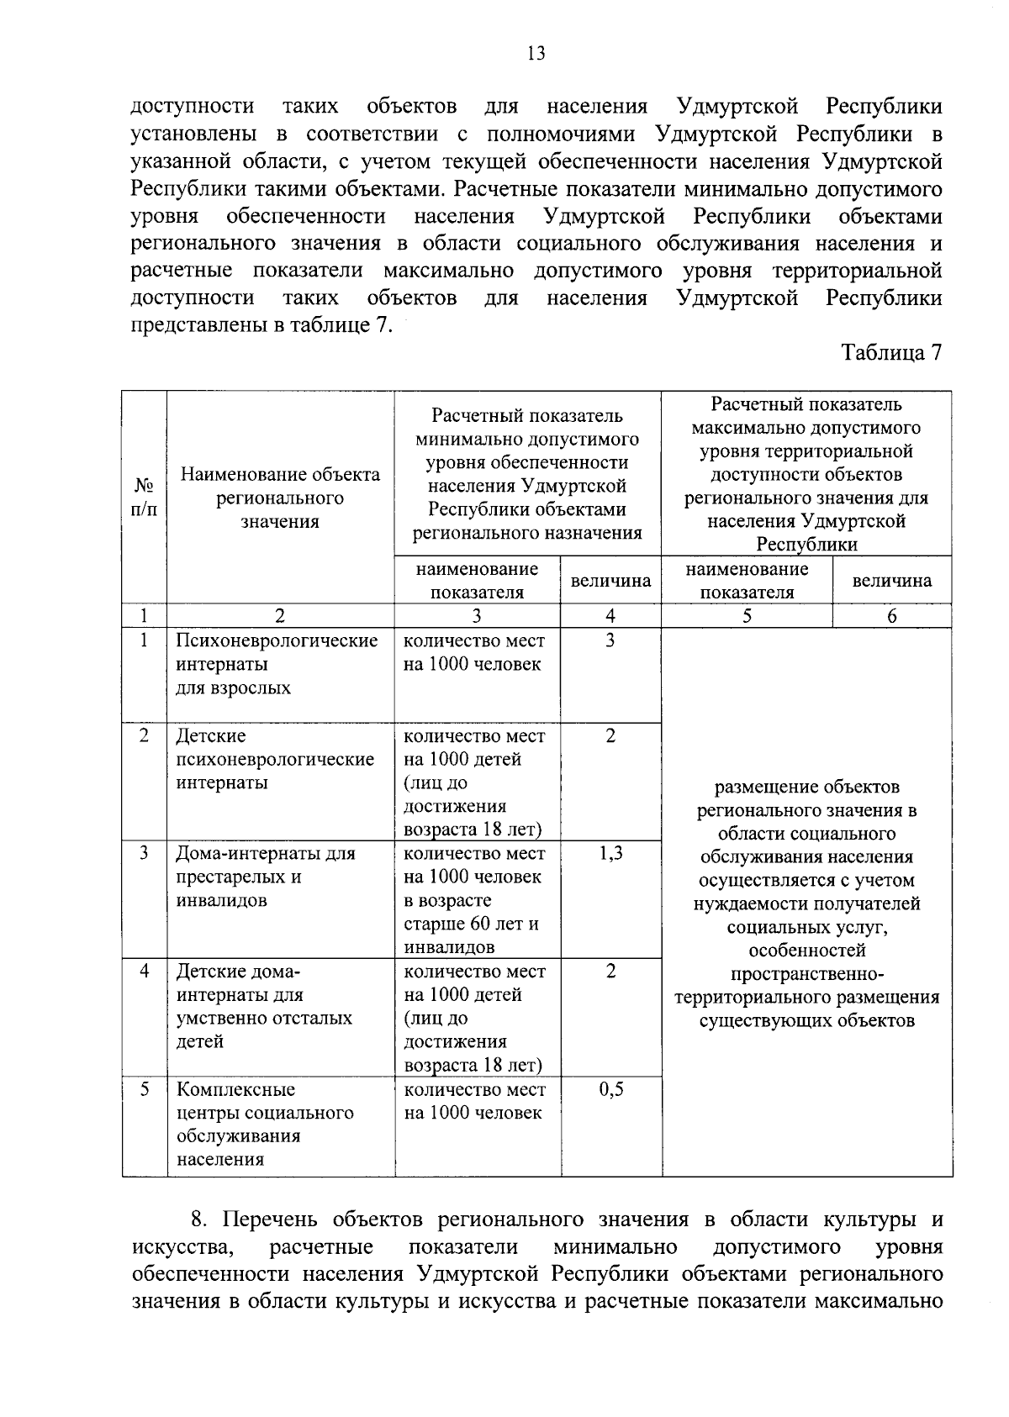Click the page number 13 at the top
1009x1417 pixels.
pos(536,55)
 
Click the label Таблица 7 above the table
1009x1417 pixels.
pos(891,353)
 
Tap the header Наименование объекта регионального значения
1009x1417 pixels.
pos(280,498)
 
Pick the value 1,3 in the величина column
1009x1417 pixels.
pos(610,854)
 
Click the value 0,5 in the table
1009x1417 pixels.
pos(610,1090)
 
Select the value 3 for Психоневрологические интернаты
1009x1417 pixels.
pos(610,641)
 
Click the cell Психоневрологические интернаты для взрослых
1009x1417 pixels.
pos(277,664)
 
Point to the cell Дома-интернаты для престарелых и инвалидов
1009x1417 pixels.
pos(266,877)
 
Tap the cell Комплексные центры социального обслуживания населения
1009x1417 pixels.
pos(266,1125)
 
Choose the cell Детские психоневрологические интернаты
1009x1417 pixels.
pos(275,759)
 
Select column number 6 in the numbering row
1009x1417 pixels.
pos(891,616)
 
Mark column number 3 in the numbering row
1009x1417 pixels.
pos(477,616)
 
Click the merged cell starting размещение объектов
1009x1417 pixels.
pos(806,903)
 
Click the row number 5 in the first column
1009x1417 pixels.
pos(145,1090)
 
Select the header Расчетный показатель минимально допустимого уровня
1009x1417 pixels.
pos(527,474)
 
